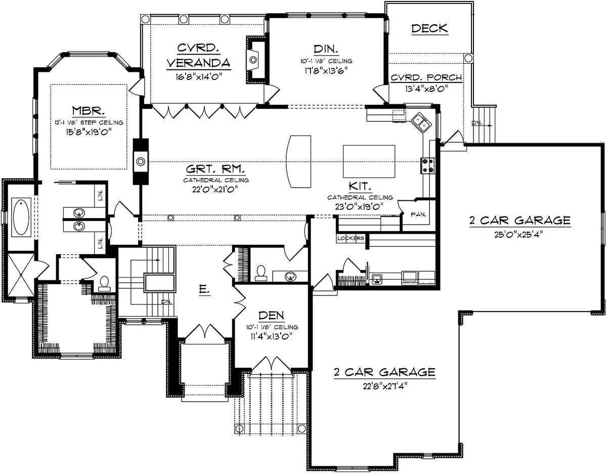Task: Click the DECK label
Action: (x=429, y=28)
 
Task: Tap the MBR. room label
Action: (x=89, y=111)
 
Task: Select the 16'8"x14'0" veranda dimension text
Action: (x=199, y=76)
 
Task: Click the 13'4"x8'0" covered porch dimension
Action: (x=426, y=89)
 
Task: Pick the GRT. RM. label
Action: (x=215, y=169)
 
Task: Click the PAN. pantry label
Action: (x=418, y=214)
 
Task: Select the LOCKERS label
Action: (x=351, y=238)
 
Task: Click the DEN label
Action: (x=271, y=315)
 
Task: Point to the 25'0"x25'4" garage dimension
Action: (x=518, y=234)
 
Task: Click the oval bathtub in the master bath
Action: (x=21, y=217)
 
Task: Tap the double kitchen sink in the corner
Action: (x=421, y=122)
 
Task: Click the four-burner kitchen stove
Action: (x=427, y=165)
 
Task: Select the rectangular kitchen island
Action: (x=369, y=161)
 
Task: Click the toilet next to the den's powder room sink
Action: (x=261, y=273)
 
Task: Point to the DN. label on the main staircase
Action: (x=166, y=301)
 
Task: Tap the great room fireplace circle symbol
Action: (x=141, y=161)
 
